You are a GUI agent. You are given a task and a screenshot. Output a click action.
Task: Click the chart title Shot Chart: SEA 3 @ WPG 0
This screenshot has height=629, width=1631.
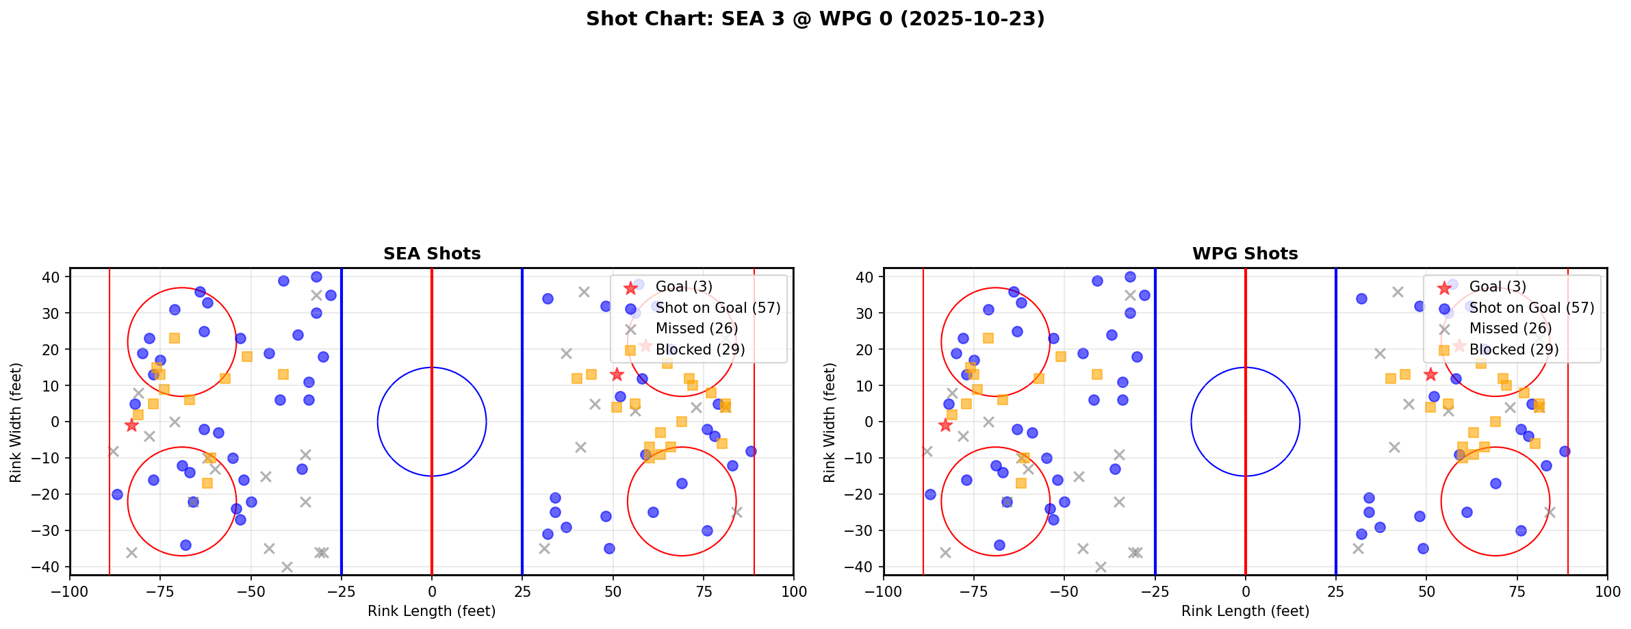(x=815, y=18)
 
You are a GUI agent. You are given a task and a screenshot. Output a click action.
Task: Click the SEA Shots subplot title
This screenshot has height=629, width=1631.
(x=432, y=254)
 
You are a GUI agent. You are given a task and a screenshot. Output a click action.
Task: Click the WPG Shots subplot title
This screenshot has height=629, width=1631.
(x=1245, y=254)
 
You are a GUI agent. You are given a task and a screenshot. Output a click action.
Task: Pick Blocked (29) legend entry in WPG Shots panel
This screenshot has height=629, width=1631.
(x=1513, y=350)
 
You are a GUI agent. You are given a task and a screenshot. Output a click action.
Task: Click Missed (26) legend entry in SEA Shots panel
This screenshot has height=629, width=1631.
(x=696, y=329)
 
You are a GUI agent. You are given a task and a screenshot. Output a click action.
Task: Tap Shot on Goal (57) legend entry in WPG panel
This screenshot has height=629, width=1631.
(x=1531, y=308)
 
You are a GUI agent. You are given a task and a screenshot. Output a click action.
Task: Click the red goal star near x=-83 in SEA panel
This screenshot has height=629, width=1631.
(x=131, y=426)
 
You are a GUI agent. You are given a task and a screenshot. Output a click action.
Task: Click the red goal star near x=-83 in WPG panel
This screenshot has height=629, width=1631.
(x=945, y=426)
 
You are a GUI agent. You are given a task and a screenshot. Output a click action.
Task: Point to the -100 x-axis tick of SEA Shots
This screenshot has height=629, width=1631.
(x=70, y=591)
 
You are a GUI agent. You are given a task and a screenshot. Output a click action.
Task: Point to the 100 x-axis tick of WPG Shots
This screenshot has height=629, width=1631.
(x=1606, y=591)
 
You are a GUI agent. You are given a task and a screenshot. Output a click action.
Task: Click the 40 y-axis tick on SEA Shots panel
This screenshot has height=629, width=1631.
(x=53, y=277)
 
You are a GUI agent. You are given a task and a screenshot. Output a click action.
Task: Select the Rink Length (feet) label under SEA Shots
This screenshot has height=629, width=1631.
(x=432, y=611)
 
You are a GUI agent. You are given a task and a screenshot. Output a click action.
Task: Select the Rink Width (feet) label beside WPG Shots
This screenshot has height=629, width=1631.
(x=830, y=422)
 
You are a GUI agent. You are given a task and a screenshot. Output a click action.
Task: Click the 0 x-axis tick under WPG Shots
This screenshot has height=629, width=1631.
(x=1245, y=591)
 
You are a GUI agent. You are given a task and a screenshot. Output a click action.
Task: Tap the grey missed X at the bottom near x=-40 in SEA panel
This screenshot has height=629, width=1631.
(x=287, y=567)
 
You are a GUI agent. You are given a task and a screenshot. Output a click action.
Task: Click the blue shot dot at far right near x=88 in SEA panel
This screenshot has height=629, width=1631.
(x=750, y=451)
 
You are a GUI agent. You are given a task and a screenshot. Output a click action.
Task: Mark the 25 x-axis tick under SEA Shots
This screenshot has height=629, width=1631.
(x=522, y=591)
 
